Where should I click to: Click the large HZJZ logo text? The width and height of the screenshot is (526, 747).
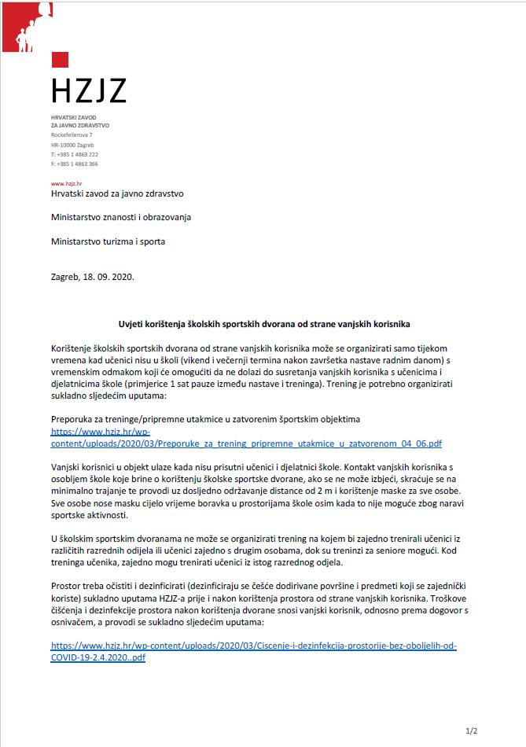[88, 90]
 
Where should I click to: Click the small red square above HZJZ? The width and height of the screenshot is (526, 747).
[60, 60]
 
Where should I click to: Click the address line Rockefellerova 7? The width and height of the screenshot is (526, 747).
[72, 135]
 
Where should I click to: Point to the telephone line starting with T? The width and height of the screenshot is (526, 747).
[74, 154]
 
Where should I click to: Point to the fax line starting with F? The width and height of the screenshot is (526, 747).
[74, 164]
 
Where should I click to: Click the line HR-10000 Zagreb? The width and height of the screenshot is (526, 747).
[71, 145]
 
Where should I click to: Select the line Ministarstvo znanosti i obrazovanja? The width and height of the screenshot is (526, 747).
[120, 217]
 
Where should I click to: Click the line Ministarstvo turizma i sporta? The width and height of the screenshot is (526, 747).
[108, 241]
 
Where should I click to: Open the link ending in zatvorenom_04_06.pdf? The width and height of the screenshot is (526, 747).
[246, 443]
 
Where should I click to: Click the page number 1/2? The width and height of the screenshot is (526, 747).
[471, 731]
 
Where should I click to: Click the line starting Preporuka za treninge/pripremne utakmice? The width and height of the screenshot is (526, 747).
[205, 419]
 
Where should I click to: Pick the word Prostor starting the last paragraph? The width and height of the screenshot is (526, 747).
[68, 587]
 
